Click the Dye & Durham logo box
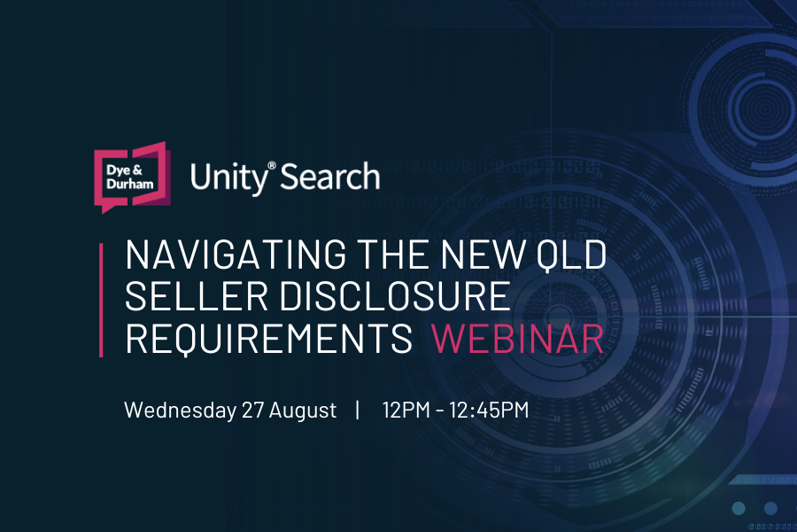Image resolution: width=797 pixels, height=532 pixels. coord(132,176)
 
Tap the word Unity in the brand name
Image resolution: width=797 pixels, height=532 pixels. coord(228,178)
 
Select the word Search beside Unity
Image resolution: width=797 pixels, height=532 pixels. coord(330,176)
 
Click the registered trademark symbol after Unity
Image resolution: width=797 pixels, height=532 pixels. coord(272,166)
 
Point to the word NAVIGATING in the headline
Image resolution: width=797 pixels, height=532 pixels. coord(236,254)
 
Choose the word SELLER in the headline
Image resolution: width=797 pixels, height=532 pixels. coord(197,296)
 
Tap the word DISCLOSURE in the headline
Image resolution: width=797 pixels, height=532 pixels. coord(395,296)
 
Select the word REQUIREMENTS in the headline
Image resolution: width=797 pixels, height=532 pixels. coord(269,339)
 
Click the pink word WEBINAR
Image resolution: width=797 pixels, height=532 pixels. coord(517,338)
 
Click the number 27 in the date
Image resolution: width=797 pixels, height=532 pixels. coord(252,410)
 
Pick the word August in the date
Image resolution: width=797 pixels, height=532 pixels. coord(303,411)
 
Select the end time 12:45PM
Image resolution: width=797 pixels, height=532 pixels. coord(489,410)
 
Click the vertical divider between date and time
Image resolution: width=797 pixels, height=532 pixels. coord(359,410)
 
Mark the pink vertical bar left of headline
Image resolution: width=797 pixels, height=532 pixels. coord(101,300)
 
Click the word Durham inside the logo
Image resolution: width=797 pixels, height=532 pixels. coord(130,184)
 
